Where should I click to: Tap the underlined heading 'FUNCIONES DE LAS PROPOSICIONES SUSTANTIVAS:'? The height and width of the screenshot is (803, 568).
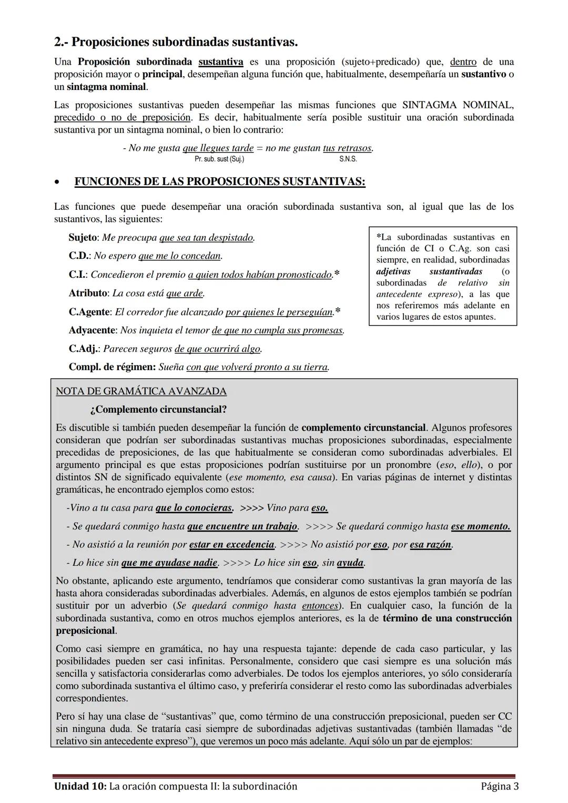click(x=220, y=182)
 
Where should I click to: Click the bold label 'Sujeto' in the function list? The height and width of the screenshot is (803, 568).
click(x=83, y=238)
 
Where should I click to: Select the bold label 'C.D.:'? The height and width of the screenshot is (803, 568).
click(x=80, y=256)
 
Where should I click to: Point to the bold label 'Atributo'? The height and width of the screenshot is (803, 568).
click(x=88, y=293)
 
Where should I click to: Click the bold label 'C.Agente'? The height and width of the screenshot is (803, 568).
click(x=89, y=312)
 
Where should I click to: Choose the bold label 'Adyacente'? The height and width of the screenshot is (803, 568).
click(x=92, y=330)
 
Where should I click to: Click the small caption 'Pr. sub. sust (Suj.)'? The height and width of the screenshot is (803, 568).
click(x=219, y=159)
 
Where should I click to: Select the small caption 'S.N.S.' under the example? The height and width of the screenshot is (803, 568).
click(x=348, y=159)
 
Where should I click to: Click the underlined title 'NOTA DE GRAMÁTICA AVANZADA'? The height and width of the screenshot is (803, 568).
click(x=141, y=391)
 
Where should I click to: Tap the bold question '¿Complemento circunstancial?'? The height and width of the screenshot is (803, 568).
click(x=158, y=409)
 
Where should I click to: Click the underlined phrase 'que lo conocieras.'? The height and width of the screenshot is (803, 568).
click(x=195, y=508)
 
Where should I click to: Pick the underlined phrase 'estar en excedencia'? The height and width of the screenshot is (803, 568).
click(x=232, y=545)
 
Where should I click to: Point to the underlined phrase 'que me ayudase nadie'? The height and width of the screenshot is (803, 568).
click(x=169, y=563)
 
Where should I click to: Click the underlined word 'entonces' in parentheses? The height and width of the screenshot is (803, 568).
click(x=320, y=606)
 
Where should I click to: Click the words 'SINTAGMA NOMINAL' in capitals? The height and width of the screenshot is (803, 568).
click(x=458, y=105)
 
